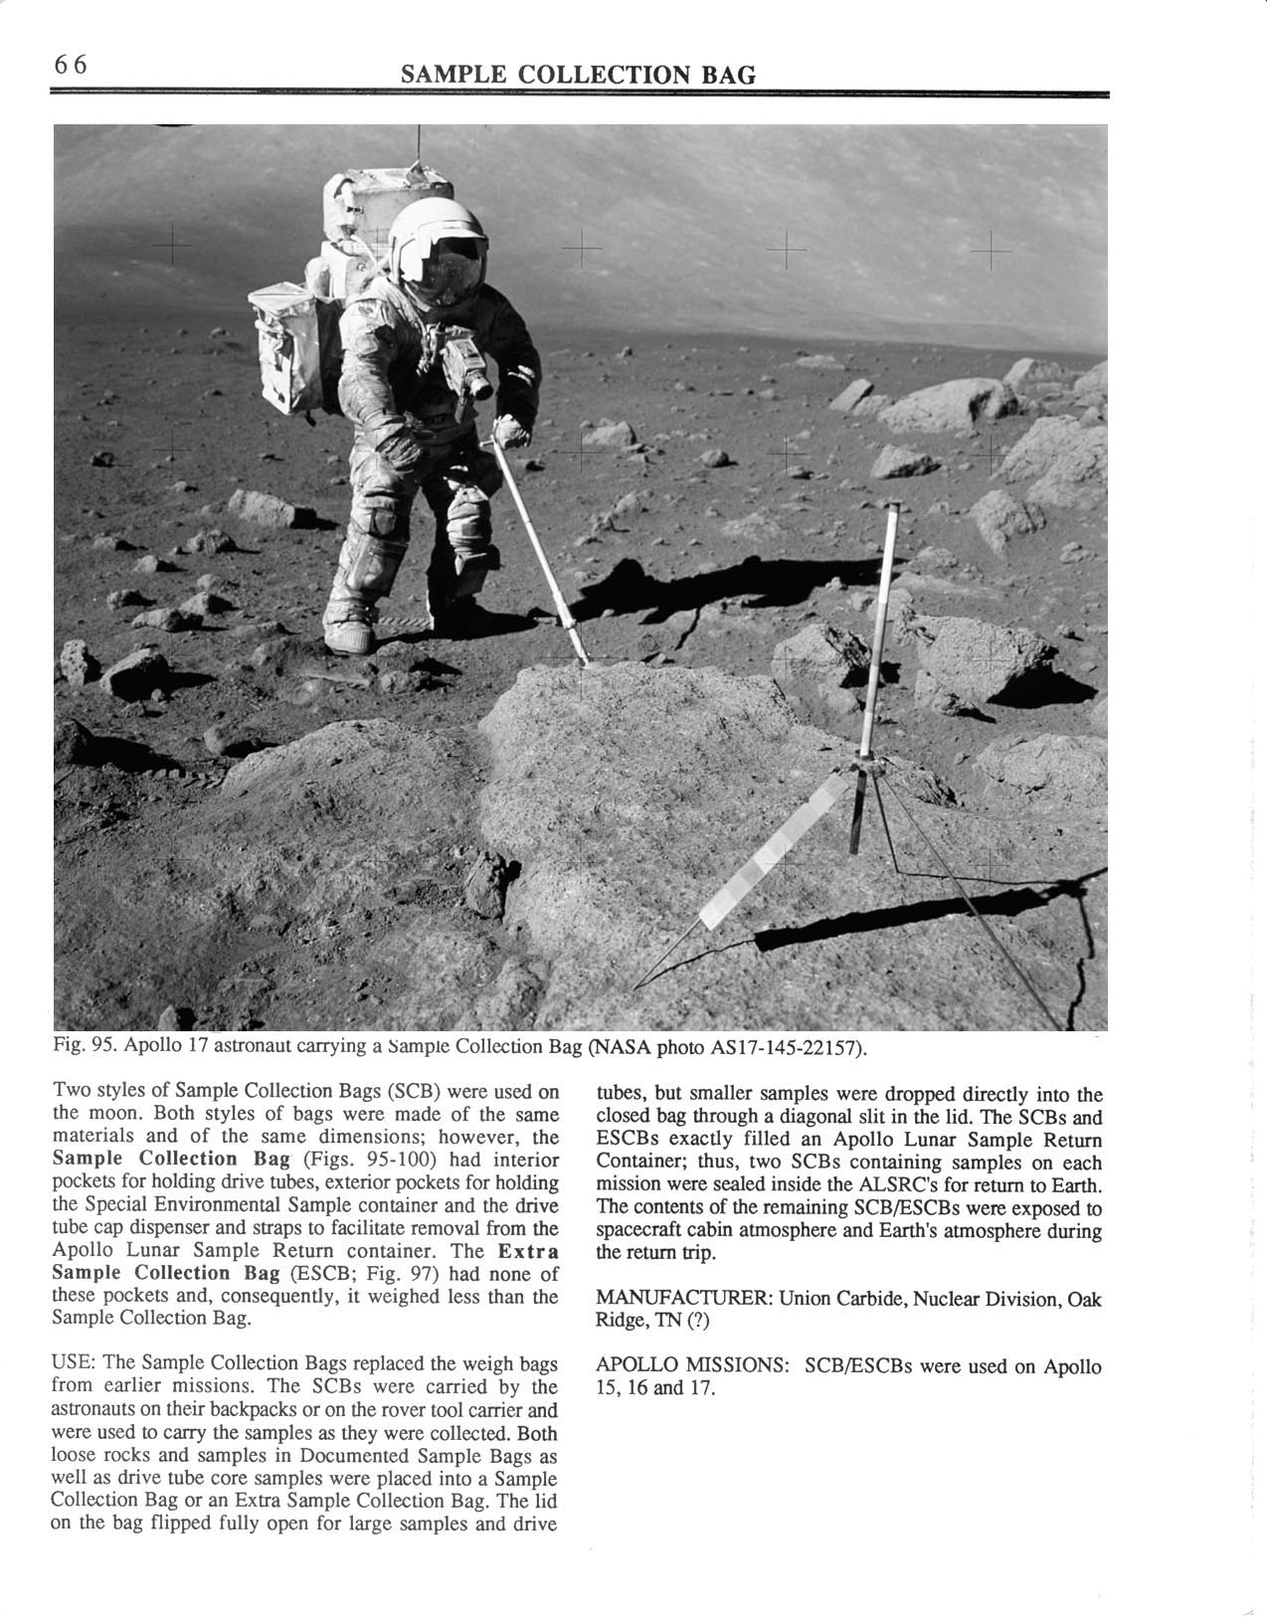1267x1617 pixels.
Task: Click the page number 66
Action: (x=72, y=65)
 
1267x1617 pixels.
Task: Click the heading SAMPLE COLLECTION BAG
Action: (x=578, y=76)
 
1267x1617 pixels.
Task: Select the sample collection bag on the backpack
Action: (x=283, y=348)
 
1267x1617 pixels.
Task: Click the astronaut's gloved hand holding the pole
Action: (x=511, y=432)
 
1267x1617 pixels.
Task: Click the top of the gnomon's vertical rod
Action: (x=893, y=509)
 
